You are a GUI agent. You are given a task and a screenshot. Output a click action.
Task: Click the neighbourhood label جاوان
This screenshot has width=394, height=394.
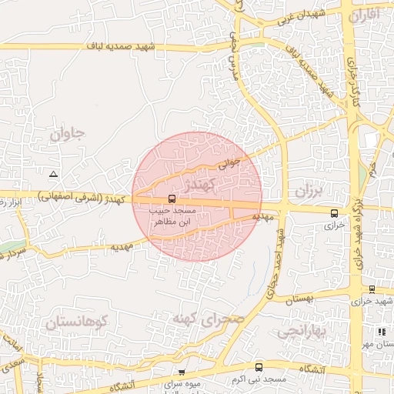pos(68,134)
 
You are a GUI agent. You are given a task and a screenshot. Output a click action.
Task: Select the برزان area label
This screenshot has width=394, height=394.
pos(311,189)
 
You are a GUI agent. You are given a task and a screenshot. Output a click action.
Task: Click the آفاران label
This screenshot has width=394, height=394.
pos(364,15)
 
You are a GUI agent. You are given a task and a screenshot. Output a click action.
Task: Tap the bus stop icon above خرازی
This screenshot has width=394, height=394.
pos(334,213)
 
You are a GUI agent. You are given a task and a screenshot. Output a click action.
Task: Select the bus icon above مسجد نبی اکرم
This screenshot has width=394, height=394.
pos(258,368)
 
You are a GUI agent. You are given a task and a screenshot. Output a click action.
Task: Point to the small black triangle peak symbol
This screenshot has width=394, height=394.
pos(52,174)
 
